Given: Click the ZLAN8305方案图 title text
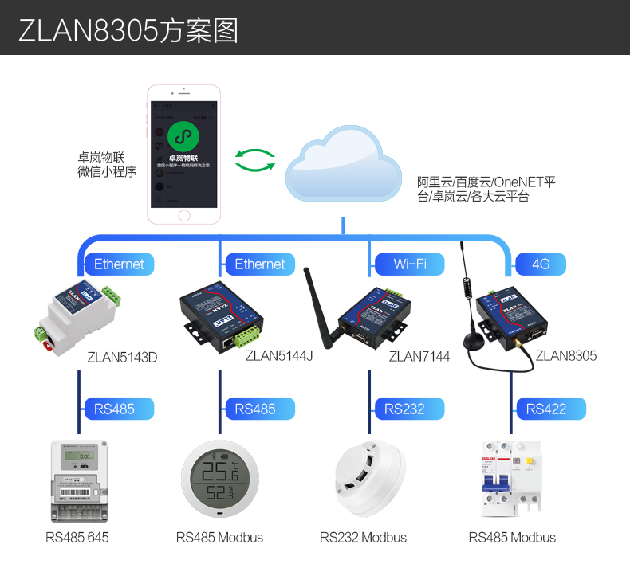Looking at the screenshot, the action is point(128,29).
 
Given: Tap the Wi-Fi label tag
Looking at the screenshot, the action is point(410,264).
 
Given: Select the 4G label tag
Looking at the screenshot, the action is point(541,264).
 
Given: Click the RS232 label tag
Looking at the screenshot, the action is point(404,409).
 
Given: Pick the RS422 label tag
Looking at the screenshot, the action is point(546,409).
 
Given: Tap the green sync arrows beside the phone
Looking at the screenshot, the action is point(255,160).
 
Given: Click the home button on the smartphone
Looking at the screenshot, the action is point(184,215).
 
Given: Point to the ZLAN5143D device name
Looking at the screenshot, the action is point(122,357).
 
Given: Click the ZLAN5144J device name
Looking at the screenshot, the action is point(279,355).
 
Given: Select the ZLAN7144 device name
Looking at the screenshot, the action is point(419,356).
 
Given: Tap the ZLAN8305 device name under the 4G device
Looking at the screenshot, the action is point(566,355).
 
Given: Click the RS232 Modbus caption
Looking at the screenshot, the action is point(363,538).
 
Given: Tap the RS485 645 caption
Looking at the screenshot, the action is point(77,538).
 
